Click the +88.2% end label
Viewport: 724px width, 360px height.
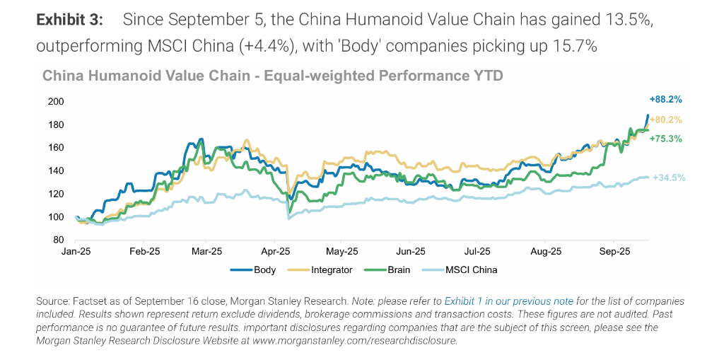pyautogui.click(x=665, y=100)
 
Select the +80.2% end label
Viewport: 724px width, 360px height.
pyautogui.click(x=665, y=120)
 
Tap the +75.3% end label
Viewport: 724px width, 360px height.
pyautogui.click(x=665, y=139)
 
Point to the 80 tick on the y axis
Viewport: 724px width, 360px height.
pyautogui.click(x=58, y=240)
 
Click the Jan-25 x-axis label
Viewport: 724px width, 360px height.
pyautogui.click(x=76, y=251)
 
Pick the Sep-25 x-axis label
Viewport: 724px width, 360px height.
pyautogui.click(x=614, y=251)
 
